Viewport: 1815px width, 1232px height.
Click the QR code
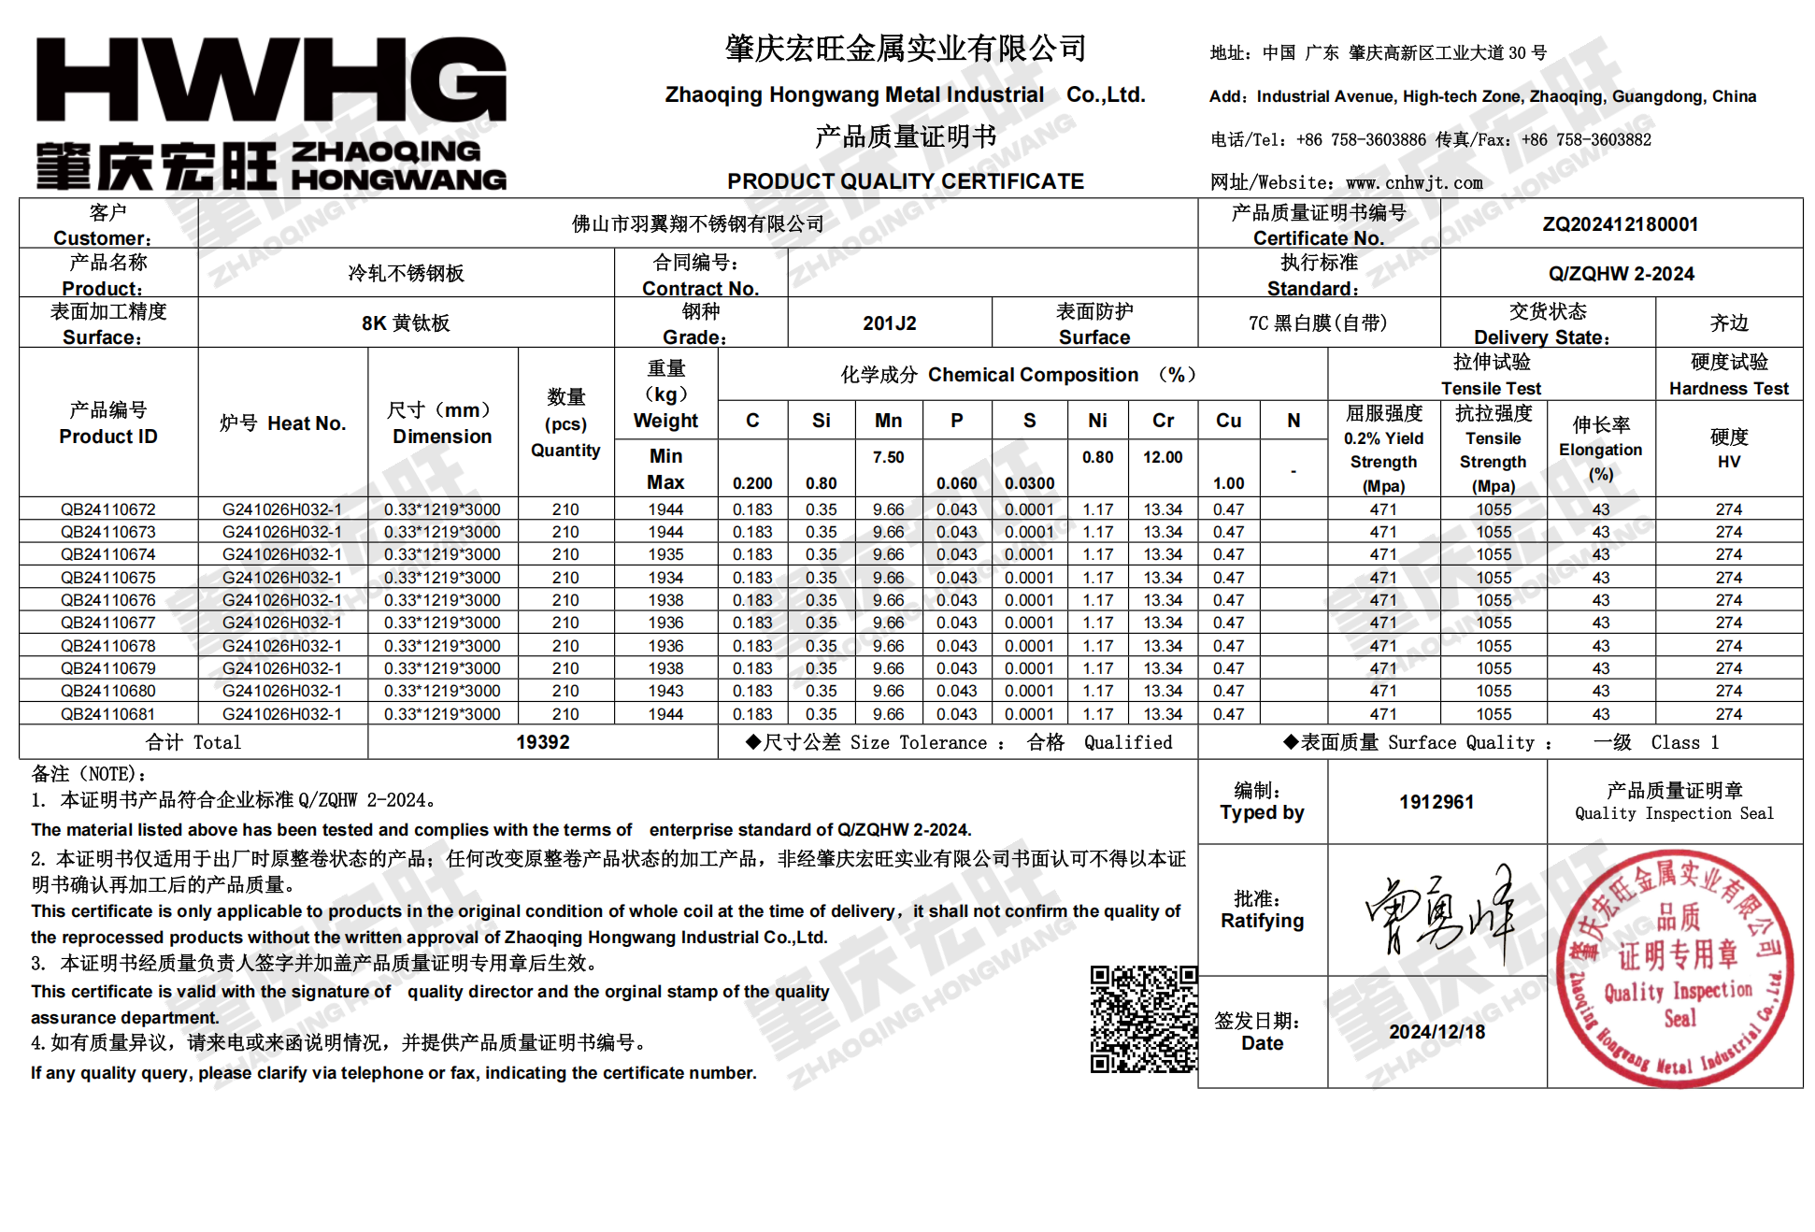(x=1143, y=1019)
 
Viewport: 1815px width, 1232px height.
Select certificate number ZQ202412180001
(x=1620, y=224)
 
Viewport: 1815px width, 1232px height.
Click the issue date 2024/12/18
(x=1436, y=1032)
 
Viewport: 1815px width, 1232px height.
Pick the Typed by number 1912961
(x=1436, y=802)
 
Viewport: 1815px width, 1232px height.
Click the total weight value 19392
(x=542, y=742)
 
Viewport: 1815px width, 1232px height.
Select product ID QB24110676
(x=108, y=600)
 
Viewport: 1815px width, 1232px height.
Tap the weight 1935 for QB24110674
(x=665, y=554)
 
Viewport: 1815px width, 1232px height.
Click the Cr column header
(x=1163, y=421)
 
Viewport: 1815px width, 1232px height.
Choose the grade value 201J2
(x=889, y=323)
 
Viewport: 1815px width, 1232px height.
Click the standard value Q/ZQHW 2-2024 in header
(x=1621, y=274)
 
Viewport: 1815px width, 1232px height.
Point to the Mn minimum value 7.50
(x=888, y=457)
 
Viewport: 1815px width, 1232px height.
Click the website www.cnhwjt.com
(x=1414, y=183)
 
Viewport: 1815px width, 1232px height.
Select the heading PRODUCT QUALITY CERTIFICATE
(x=906, y=181)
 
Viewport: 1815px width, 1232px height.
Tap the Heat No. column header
(x=282, y=423)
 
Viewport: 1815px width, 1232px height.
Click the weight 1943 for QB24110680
(x=665, y=691)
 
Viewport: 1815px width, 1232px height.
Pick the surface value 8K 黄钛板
(x=406, y=323)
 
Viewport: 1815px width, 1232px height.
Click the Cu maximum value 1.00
(x=1228, y=483)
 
